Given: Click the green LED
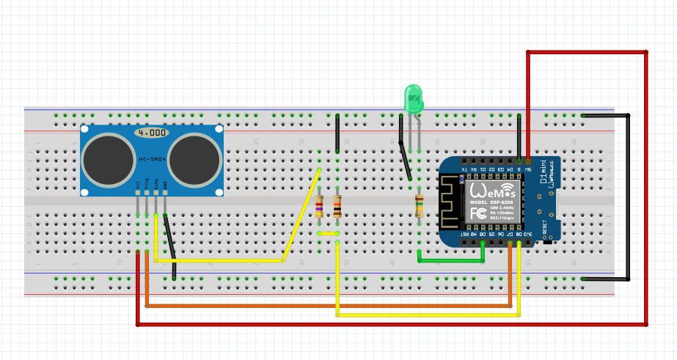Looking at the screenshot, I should pos(414,98).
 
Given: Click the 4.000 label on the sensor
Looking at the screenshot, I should pos(153,133).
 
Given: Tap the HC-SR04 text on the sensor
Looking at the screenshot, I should pos(153,159).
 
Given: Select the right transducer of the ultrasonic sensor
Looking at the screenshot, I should pos(196,159).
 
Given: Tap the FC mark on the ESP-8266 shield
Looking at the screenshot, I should pos(477,213).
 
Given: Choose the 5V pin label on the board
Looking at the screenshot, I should pos(528,169).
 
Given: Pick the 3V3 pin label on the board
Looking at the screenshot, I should pos(528,236).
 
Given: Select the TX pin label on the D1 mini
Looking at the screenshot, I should pos(464,169).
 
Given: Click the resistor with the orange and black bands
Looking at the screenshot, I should pos(337,207).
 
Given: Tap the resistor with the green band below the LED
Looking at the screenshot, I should pos(419,207).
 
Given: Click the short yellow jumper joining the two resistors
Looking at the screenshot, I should pos(328,234).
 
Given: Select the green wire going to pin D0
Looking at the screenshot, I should pos(450,260).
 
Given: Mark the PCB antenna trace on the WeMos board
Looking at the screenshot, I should pos(449,202).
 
